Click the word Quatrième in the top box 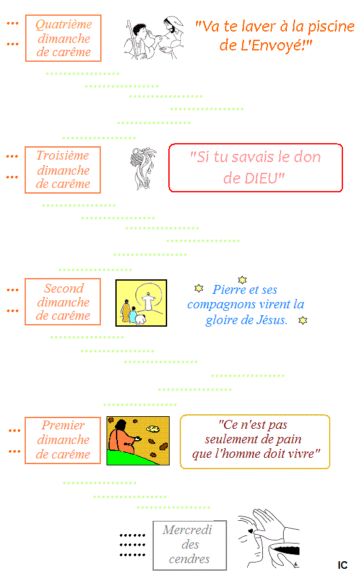(64, 25)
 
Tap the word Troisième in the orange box (62, 156)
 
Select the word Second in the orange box (64, 288)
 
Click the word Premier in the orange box (63, 426)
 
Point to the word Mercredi (187, 530)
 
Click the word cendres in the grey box (189, 559)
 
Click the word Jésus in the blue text (271, 320)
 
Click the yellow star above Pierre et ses (242, 279)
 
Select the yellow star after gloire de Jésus (303, 320)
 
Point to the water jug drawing (143, 168)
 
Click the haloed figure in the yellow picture (149, 301)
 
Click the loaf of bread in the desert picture (153, 429)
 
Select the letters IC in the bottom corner (342, 565)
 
